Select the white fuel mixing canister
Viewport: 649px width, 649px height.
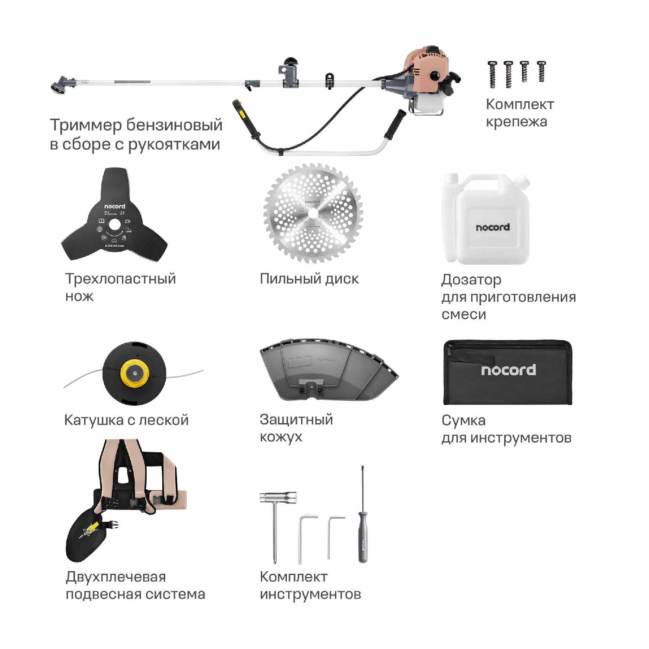point(487,221)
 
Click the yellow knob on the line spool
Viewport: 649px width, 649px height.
point(135,373)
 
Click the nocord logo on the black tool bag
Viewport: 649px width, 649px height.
point(508,370)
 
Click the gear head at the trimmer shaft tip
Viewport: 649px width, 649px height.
point(58,84)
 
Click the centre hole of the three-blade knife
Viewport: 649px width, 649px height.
point(115,225)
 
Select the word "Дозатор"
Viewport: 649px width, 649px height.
point(471,280)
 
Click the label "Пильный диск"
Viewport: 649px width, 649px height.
point(309,279)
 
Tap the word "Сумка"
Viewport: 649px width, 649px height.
point(463,421)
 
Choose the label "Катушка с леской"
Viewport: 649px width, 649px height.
point(126,420)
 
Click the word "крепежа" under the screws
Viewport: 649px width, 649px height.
point(516,122)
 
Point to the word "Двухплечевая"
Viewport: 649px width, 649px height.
point(116,577)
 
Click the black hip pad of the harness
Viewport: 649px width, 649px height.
point(84,537)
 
